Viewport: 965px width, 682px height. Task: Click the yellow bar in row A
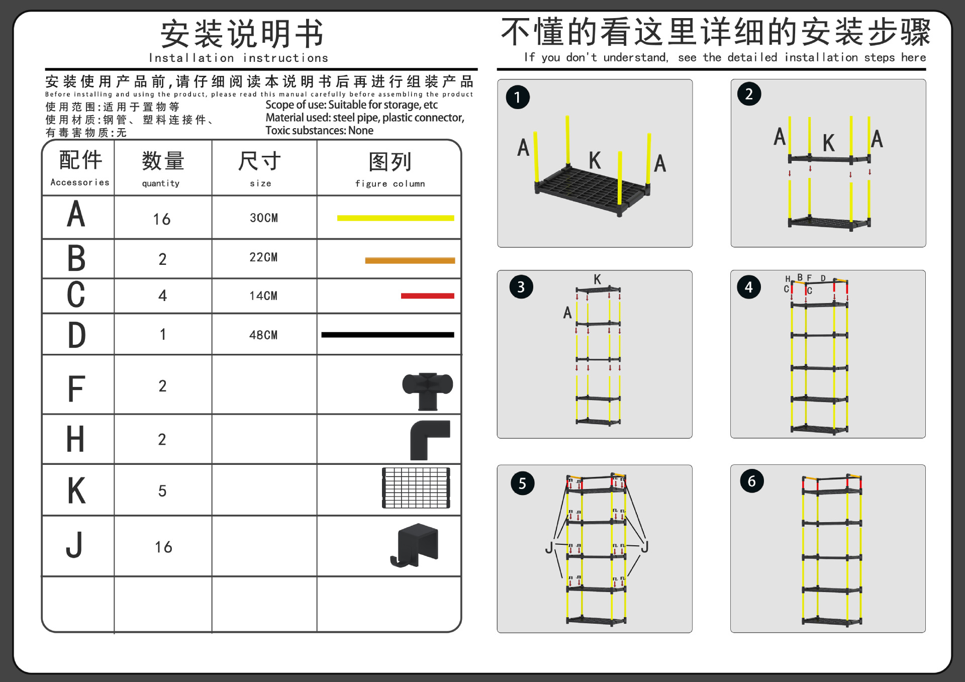pyautogui.click(x=396, y=218)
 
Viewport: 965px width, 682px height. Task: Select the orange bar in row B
pyautogui.click(x=410, y=260)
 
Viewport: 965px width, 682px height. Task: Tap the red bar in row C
pyautogui.click(x=427, y=296)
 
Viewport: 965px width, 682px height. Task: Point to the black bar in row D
pyautogui.click(x=388, y=335)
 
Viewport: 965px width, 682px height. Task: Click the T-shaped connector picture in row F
pyautogui.click(x=428, y=391)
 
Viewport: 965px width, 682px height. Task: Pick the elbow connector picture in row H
pyautogui.click(x=430, y=440)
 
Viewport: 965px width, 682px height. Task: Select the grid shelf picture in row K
pyautogui.click(x=416, y=488)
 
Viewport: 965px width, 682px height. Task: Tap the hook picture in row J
pyautogui.click(x=415, y=545)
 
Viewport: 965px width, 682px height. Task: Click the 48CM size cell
pyautogui.click(x=263, y=335)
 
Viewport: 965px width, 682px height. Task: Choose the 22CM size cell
pyautogui.click(x=263, y=257)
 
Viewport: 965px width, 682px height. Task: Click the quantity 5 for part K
pyautogui.click(x=162, y=491)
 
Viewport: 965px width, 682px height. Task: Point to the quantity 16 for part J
pyautogui.click(x=163, y=547)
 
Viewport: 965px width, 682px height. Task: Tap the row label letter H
pyautogui.click(x=75, y=439)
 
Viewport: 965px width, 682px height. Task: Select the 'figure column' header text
pyautogui.click(x=390, y=183)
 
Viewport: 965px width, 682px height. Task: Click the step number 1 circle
pyautogui.click(x=518, y=97)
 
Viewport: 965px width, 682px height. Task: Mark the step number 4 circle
pyautogui.click(x=749, y=287)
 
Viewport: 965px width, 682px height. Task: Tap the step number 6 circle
pyautogui.click(x=752, y=481)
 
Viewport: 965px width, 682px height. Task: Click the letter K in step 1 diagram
pyautogui.click(x=595, y=161)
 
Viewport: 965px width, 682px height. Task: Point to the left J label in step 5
pyautogui.click(x=549, y=547)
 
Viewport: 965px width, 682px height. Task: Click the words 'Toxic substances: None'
pyautogui.click(x=319, y=131)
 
